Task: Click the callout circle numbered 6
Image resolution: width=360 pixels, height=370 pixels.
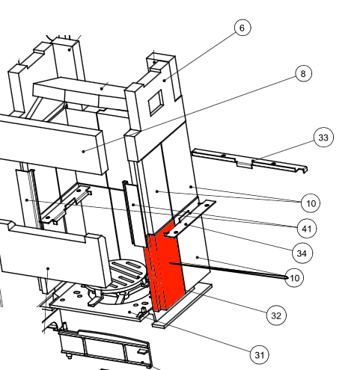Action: tap(242, 28)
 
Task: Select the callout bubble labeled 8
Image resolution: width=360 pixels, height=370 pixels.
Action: tap(303, 73)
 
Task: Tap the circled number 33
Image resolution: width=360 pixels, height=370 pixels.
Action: tap(323, 138)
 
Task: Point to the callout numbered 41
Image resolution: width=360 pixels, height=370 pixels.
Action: tap(307, 229)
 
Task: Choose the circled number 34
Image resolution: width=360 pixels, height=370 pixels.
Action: tap(302, 253)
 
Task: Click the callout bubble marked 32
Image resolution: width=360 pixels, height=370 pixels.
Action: tap(276, 315)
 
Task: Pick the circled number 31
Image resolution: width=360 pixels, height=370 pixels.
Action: tap(260, 355)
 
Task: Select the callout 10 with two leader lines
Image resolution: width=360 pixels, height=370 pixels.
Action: tap(311, 203)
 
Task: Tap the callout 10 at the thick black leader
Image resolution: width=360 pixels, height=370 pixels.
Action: tap(294, 278)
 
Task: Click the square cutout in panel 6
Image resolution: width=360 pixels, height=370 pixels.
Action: tap(156, 102)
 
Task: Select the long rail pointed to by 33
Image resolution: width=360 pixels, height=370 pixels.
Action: tap(249, 161)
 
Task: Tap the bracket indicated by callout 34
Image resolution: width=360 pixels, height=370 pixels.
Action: tap(191, 218)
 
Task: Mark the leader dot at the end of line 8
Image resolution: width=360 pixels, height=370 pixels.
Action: tap(84, 151)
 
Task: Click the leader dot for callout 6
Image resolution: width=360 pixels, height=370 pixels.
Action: tap(165, 80)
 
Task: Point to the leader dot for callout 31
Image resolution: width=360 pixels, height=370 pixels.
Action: tap(129, 312)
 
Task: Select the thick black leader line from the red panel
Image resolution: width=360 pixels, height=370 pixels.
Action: tap(228, 270)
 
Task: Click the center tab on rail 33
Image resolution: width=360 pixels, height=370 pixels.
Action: tap(244, 164)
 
